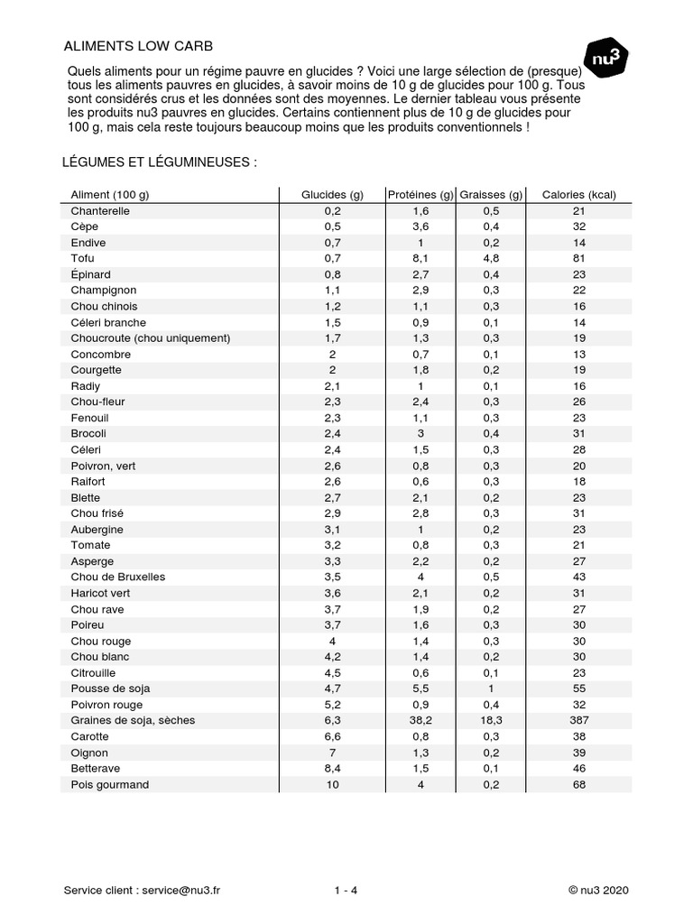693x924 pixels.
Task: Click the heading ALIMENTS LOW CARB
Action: (x=138, y=46)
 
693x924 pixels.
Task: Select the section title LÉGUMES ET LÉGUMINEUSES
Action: (x=161, y=162)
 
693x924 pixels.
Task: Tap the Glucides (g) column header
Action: (x=332, y=195)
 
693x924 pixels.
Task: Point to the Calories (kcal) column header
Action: (x=578, y=195)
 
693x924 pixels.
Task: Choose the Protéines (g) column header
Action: (x=420, y=195)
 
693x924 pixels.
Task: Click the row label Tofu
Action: (x=83, y=258)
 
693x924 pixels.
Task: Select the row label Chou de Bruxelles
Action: (x=118, y=577)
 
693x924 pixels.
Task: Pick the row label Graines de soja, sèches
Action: (x=133, y=720)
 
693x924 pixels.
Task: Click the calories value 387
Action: (x=578, y=720)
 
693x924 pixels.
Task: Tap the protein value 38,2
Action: (x=420, y=720)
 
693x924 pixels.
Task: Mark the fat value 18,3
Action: (x=491, y=720)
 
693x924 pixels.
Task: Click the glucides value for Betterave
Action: (x=332, y=769)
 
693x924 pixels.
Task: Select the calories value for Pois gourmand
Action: (x=578, y=784)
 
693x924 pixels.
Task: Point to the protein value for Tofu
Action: (x=420, y=258)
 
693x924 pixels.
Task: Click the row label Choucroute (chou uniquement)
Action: (x=151, y=338)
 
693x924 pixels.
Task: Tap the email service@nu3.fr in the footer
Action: (x=180, y=890)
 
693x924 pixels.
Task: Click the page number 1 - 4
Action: (x=346, y=890)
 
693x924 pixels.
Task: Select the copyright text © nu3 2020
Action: (x=598, y=890)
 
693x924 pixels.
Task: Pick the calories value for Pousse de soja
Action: (x=578, y=688)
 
